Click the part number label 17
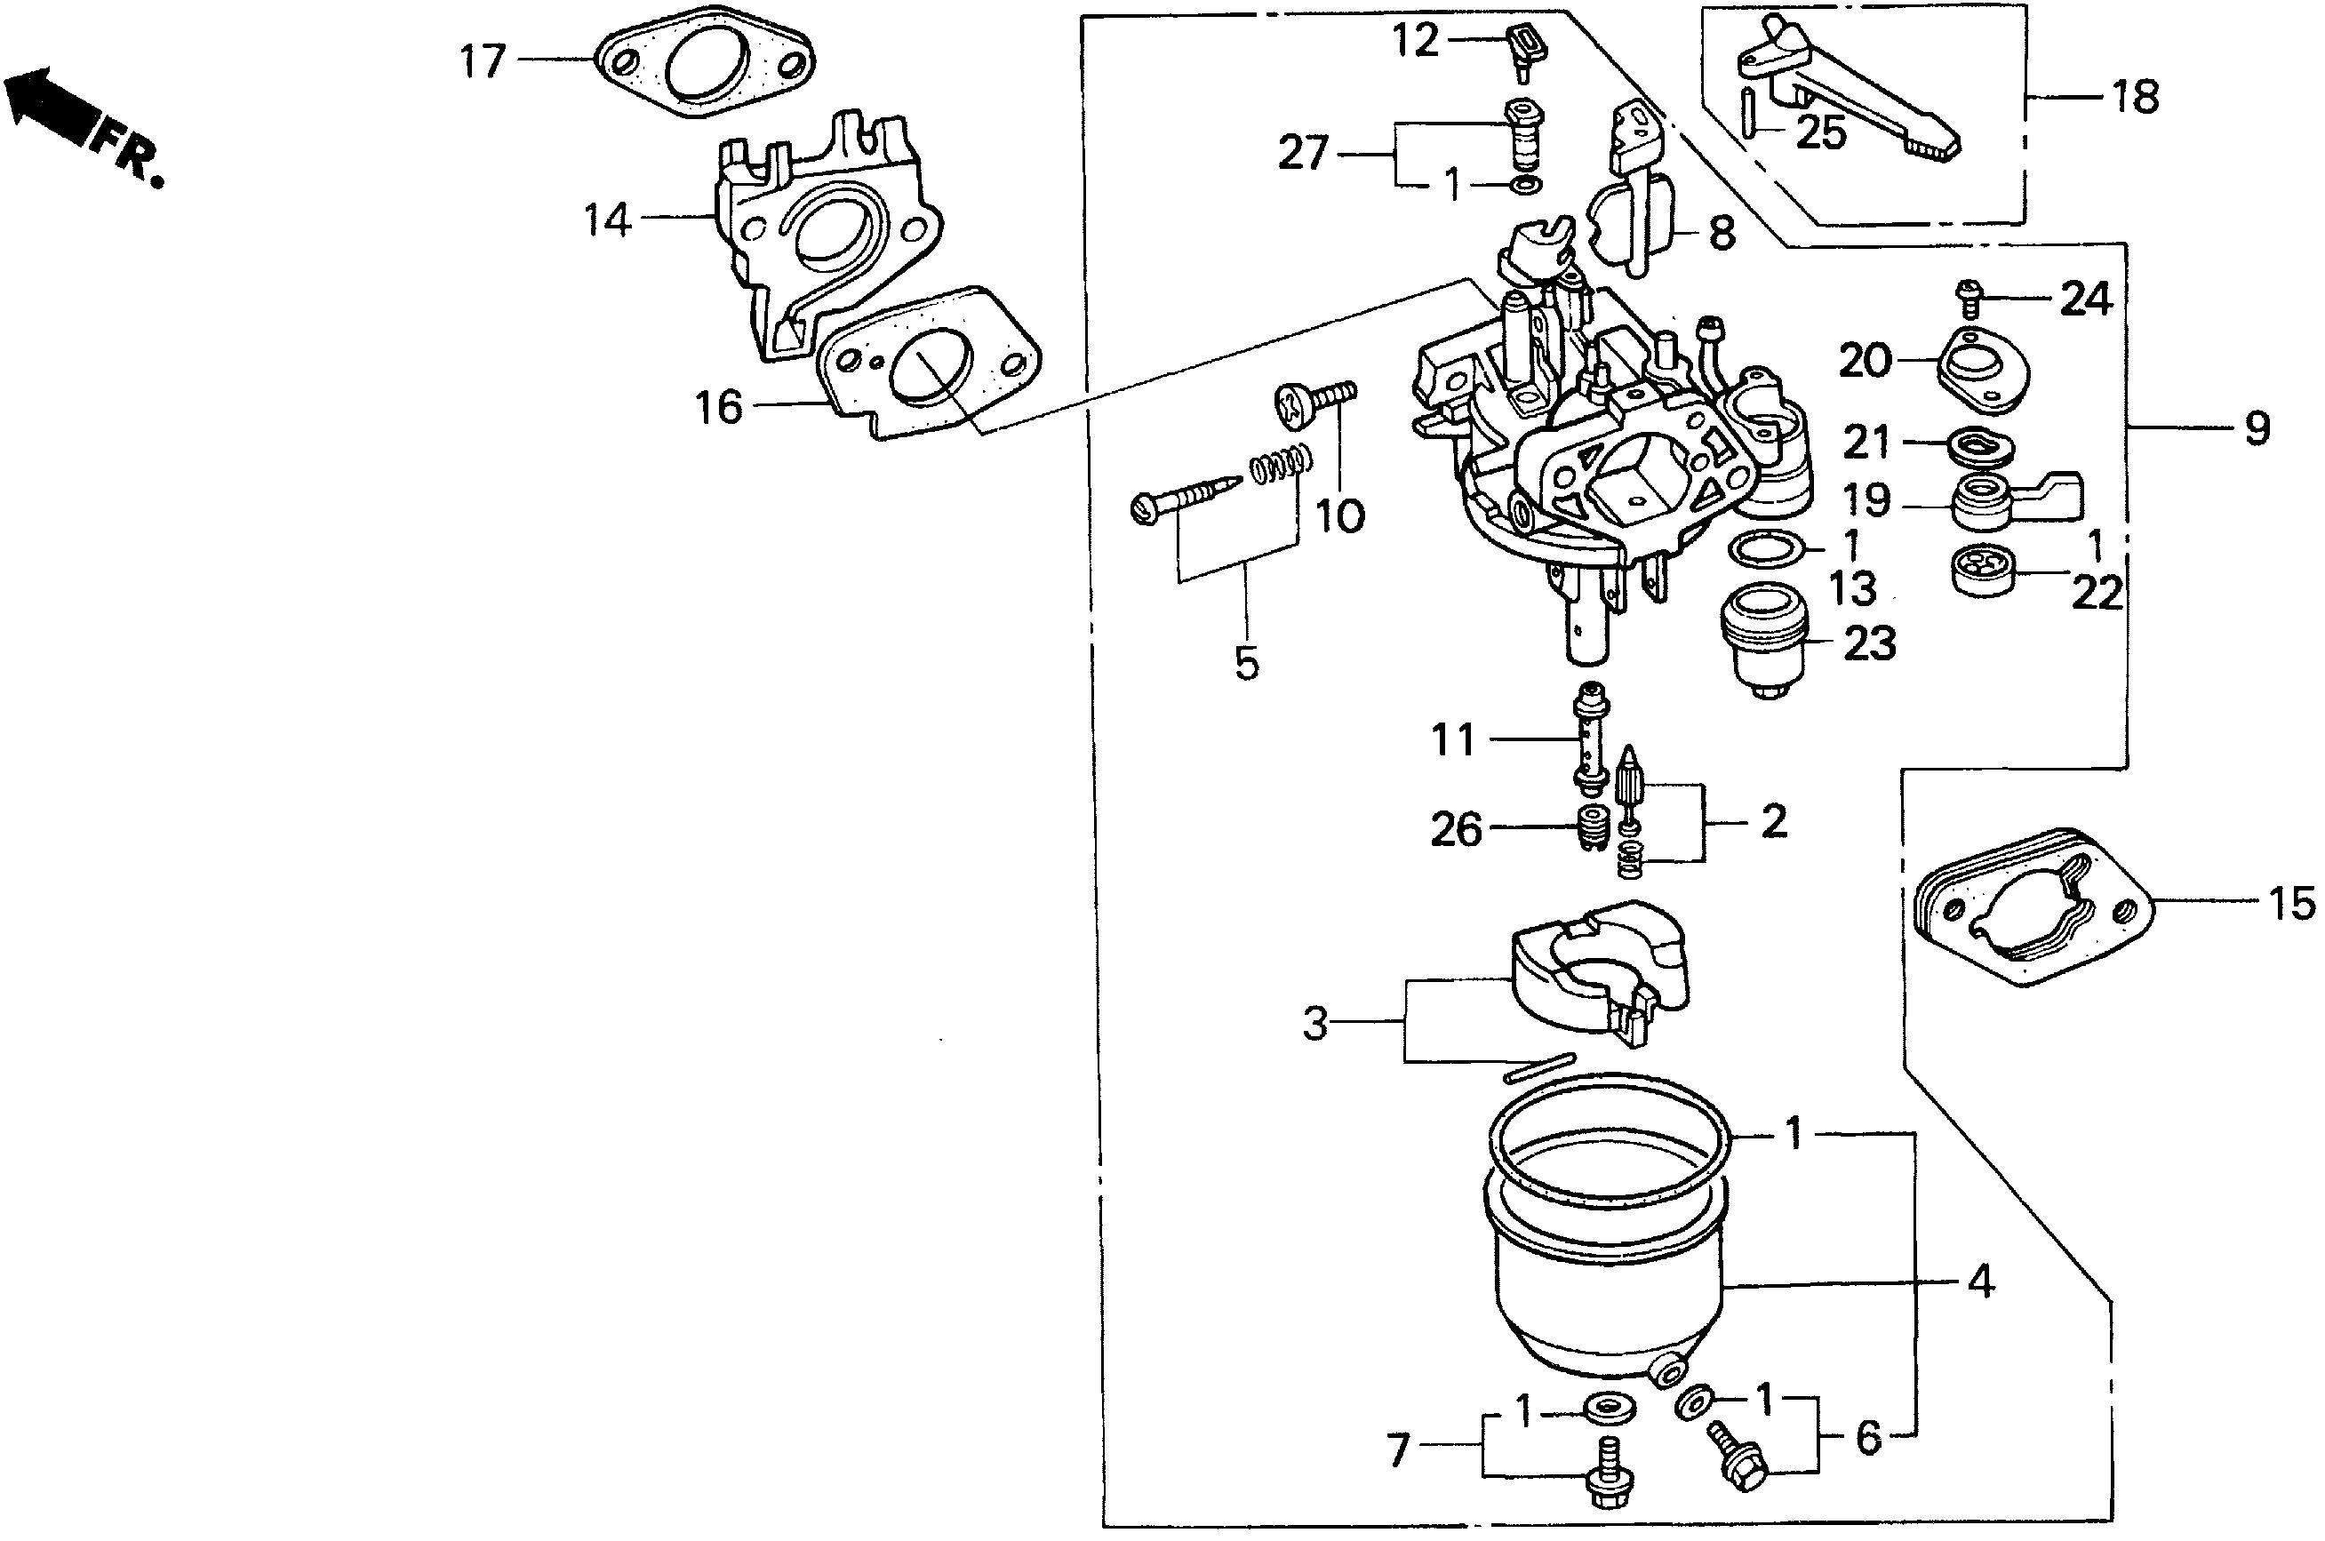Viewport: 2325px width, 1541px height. click(483, 63)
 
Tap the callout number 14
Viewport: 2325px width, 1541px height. click(607, 220)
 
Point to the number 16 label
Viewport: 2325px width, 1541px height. click(719, 407)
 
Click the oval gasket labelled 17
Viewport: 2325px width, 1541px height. click(704, 65)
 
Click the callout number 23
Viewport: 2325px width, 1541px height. click(1868, 643)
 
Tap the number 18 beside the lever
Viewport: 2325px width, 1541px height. click(2135, 99)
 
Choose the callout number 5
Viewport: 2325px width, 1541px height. click(1246, 663)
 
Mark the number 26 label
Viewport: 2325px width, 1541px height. click(1455, 829)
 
